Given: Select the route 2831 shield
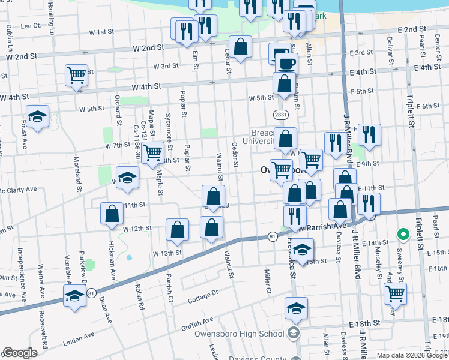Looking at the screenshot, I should pyautogui.click(x=279, y=114).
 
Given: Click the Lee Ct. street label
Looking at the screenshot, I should pyautogui.click(x=30, y=26).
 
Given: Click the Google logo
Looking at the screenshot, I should pyautogui.click(x=20, y=353).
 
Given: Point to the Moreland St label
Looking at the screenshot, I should pyautogui.click(x=77, y=175).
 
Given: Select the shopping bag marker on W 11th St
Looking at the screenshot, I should pyautogui.click(x=112, y=214).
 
